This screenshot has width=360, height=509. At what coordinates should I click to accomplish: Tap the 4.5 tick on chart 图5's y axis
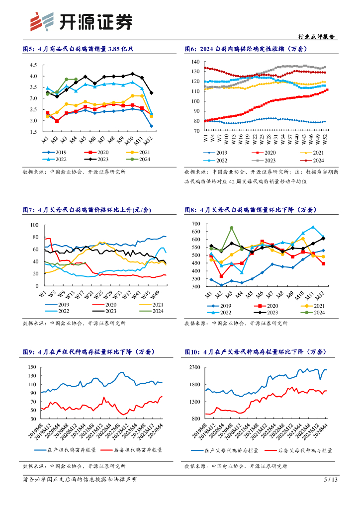(x=34, y=65)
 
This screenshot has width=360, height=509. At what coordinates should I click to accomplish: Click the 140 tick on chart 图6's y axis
(x=195, y=62)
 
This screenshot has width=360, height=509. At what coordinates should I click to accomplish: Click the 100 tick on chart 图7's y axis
(x=35, y=225)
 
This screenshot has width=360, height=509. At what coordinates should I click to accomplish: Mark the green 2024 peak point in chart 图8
(x=232, y=228)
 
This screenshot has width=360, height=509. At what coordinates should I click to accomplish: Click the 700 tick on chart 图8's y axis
(x=195, y=224)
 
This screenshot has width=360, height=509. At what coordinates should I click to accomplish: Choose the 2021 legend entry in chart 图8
(x=314, y=305)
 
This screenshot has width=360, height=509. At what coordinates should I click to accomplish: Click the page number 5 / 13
(x=331, y=480)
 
